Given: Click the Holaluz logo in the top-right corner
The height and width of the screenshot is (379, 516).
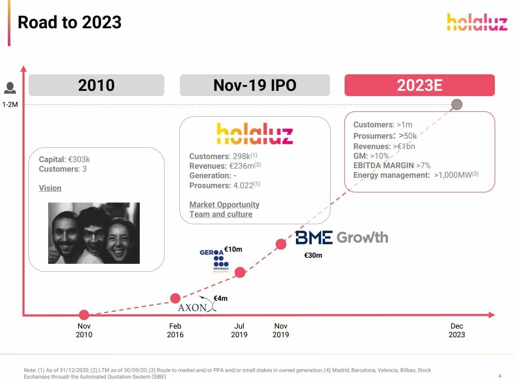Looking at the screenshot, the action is (x=477, y=22).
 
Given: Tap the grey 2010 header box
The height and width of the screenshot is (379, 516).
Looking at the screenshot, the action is (x=96, y=85).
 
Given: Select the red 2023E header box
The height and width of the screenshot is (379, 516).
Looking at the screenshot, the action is (x=420, y=85).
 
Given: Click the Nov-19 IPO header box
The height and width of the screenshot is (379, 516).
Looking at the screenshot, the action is (x=255, y=85).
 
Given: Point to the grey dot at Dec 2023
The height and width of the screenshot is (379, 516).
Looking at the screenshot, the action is (x=457, y=104).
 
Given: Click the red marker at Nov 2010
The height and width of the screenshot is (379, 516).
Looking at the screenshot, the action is (x=84, y=315).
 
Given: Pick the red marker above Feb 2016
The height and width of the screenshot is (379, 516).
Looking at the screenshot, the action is (x=175, y=298).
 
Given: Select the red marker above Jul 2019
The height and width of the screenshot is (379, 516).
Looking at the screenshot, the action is (x=240, y=272).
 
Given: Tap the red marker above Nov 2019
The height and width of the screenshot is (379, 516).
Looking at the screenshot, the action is (x=281, y=244).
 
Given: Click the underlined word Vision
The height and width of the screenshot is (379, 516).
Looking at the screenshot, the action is (x=50, y=188).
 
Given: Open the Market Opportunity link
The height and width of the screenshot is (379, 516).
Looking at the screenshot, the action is (x=224, y=204).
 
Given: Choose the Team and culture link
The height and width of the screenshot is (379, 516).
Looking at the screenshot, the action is (x=221, y=214).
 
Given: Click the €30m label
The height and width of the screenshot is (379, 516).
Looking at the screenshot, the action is (x=313, y=255).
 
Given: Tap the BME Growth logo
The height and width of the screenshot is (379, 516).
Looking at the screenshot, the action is (x=342, y=237).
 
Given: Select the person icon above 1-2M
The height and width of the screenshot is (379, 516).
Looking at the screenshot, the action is (x=10, y=88).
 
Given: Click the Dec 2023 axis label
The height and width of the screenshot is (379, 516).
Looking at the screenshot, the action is (x=457, y=330).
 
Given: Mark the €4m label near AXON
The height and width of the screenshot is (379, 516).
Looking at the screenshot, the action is (x=220, y=298).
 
